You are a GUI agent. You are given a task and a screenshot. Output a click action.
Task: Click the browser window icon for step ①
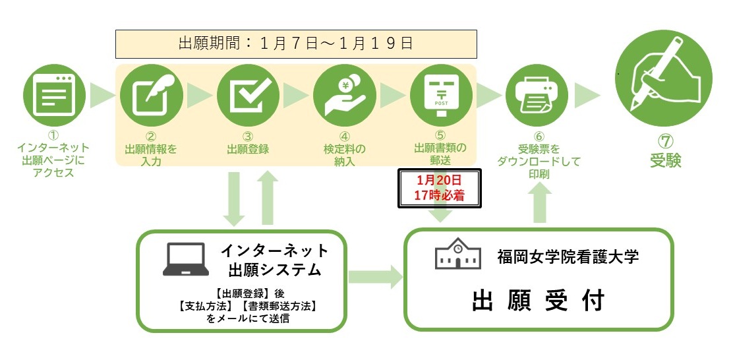click(x=55, y=96)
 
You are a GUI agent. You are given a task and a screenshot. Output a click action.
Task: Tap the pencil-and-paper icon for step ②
click(x=152, y=96)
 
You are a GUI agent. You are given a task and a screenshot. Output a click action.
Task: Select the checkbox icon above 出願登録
click(x=248, y=96)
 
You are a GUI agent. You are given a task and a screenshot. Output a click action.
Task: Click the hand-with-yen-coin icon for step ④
click(x=344, y=96)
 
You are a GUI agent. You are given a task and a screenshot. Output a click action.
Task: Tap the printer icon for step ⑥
click(x=539, y=96)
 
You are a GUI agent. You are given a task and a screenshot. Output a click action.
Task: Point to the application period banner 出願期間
click(x=296, y=44)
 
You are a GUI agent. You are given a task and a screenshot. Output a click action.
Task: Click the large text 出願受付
click(x=539, y=301)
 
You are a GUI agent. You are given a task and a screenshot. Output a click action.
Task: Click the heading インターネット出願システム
click(x=274, y=260)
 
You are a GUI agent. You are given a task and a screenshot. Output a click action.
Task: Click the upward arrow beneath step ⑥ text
click(x=540, y=200)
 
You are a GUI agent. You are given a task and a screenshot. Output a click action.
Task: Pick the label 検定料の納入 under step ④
click(x=344, y=155)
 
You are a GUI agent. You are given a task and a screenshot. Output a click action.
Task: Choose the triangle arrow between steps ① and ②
click(x=102, y=96)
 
